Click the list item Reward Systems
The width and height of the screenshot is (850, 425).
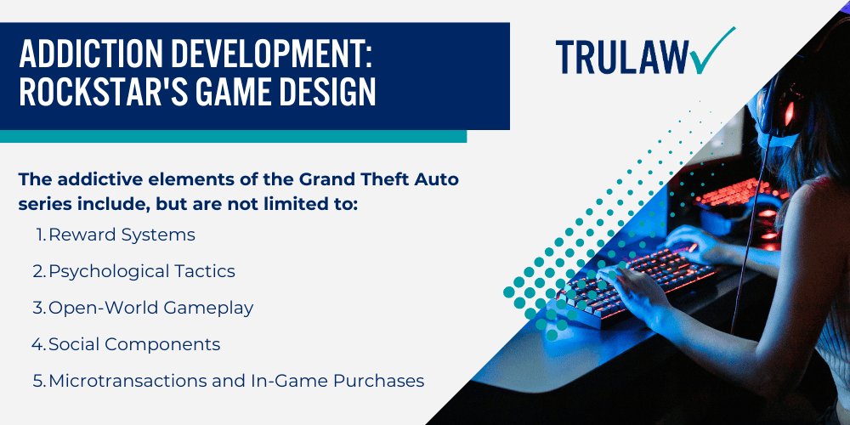(x=122, y=235)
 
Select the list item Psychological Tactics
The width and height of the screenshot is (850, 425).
(x=141, y=271)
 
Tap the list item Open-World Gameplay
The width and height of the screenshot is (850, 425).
(x=150, y=308)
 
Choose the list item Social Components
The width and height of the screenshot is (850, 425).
(x=134, y=344)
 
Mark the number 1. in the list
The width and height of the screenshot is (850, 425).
(x=41, y=235)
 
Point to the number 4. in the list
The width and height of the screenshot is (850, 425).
(x=39, y=344)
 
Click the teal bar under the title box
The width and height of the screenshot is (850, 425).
(x=233, y=136)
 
